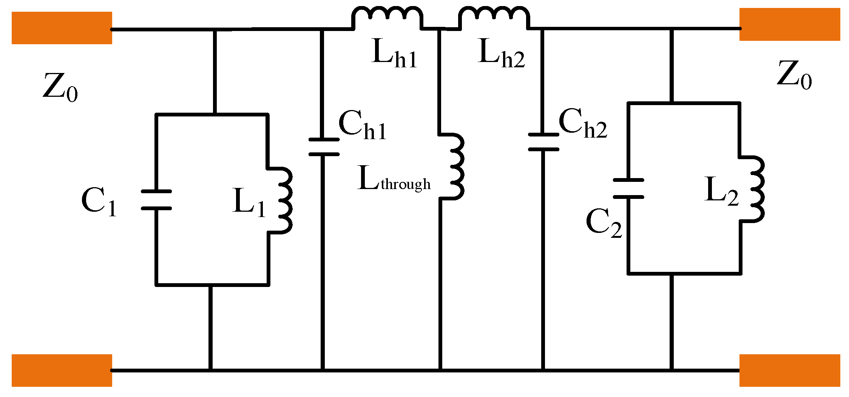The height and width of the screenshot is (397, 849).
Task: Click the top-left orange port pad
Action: coord(62,28)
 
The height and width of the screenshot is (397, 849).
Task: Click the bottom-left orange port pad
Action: coord(62,370)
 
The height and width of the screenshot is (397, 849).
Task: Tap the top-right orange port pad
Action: coord(789,24)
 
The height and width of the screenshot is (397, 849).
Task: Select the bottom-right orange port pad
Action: coord(789,370)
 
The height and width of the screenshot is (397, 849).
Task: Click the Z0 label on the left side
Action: coord(60,87)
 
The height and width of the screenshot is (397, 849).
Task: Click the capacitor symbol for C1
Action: coord(156,200)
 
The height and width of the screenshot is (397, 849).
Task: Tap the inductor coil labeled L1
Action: coord(283,200)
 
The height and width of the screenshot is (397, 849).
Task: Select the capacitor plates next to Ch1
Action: coord(324,147)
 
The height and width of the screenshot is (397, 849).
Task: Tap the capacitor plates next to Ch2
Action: coord(543,142)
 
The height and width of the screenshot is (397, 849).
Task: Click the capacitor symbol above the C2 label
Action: coord(628,188)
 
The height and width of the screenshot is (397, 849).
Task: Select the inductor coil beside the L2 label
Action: coord(755,189)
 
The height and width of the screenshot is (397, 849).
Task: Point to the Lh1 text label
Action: coord(394,54)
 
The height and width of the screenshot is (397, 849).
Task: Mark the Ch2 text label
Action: coord(583,123)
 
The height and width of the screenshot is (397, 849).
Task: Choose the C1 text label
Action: coord(99,202)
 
